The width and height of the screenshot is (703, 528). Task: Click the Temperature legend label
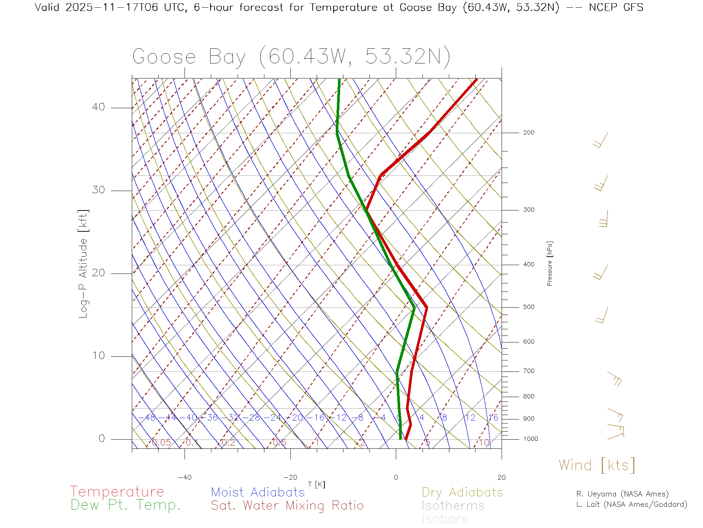point(117,492)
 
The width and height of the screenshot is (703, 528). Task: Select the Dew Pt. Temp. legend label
point(126,505)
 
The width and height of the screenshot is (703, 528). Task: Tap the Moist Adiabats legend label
point(258,492)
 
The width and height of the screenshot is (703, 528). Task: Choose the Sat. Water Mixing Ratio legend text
point(287,506)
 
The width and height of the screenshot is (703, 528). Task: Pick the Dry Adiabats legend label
point(462,492)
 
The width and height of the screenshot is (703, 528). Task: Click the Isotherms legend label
point(453,506)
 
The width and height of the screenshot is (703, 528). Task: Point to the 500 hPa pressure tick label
point(528,307)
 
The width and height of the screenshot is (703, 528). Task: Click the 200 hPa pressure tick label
point(528,132)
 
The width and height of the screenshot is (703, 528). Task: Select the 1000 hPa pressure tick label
point(531,439)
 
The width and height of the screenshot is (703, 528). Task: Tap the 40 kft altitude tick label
point(98,107)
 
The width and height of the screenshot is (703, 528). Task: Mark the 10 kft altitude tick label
point(98,356)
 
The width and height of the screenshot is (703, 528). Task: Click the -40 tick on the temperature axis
point(185,477)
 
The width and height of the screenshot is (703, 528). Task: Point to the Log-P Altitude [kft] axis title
point(83,264)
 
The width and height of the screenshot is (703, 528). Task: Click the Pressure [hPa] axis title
point(550,263)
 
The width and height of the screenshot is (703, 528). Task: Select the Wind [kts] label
point(597,465)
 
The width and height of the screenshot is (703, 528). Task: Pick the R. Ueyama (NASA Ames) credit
point(622,494)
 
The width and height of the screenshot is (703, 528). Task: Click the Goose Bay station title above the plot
point(291,57)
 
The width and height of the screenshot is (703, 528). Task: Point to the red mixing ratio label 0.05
point(161,443)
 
